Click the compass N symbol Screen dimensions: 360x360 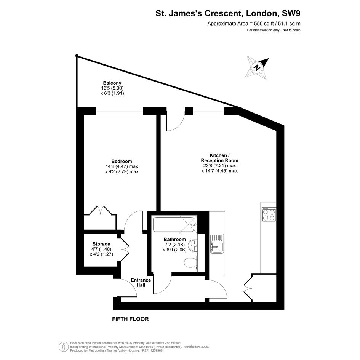(257, 67)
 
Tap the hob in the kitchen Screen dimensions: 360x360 (269, 214)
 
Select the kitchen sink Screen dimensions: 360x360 (217, 243)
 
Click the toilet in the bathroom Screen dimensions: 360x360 (191, 262)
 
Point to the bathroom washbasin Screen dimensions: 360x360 (193, 245)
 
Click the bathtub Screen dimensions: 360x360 (174, 224)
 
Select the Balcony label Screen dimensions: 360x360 (112, 83)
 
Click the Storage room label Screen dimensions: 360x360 (101, 244)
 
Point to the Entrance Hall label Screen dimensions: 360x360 (141, 283)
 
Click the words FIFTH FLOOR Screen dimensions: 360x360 (130, 319)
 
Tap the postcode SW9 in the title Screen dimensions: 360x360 (291, 13)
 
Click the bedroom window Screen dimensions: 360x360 (119, 111)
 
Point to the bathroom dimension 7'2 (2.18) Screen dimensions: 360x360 (175, 245)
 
